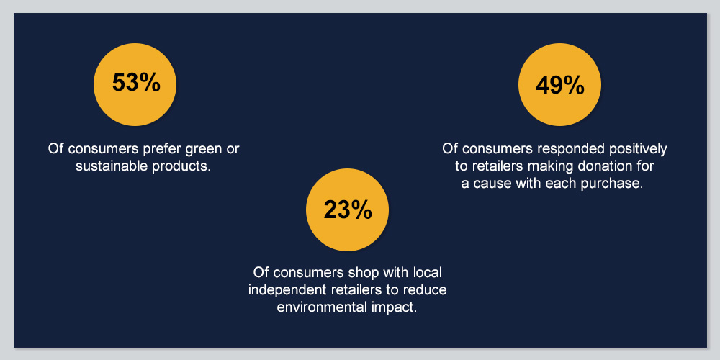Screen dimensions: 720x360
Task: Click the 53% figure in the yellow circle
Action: pos(136,83)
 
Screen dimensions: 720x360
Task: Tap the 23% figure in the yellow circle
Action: pos(348,210)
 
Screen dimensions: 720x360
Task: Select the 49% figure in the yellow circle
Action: pos(560,86)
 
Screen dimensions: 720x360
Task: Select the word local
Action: pos(428,272)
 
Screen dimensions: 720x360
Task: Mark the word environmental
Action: pos(321,307)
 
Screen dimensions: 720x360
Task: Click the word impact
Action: pos(394,307)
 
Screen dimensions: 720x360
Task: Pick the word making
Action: pos(550,167)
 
